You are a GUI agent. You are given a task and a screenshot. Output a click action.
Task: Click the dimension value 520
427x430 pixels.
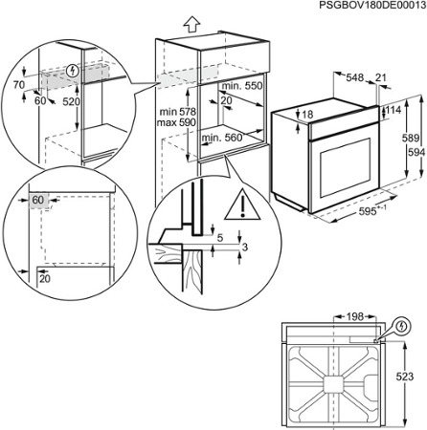72,100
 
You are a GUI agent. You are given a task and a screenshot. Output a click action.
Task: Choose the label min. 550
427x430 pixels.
239,86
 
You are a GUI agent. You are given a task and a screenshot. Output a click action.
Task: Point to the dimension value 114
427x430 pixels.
393,110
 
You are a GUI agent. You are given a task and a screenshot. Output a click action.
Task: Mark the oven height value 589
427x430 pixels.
405,140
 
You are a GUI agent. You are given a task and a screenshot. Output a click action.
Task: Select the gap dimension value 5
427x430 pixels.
218,237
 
